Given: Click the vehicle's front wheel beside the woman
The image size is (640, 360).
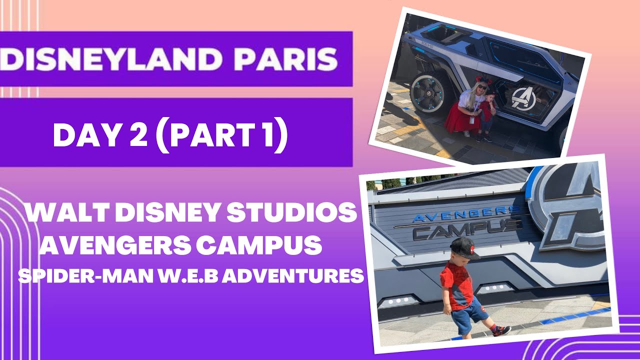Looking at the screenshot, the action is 428,91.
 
